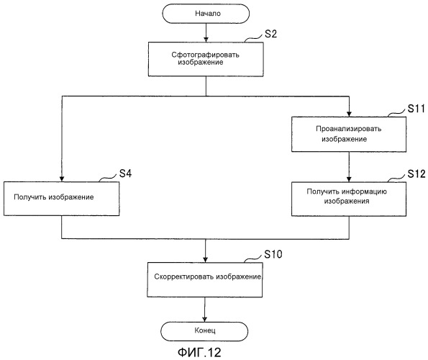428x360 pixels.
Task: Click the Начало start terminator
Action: (206, 14)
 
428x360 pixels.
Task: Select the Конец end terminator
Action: (204, 331)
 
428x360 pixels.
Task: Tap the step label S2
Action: (270, 34)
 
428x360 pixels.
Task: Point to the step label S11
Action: (416, 109)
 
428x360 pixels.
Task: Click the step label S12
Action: (416, 174)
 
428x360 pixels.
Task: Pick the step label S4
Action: (126, 174)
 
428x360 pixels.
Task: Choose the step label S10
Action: (273, 254)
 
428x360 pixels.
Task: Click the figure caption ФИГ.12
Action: (199, 352)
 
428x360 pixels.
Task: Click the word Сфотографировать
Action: (205, 55)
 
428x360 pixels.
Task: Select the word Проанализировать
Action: (349, 129)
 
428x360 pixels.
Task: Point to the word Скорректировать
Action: (183, 276)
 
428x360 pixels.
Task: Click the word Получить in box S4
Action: (30, 197)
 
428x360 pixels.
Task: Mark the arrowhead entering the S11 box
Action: (349, 114)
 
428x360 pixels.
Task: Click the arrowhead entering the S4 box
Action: (62, 179)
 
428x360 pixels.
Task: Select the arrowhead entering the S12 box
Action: (349, 179)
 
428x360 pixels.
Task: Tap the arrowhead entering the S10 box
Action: (205, 259)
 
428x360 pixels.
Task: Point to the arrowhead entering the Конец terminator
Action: (204, 319)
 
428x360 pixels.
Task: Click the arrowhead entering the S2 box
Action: (206, 40)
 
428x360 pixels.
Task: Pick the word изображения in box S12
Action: (347, 202)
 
